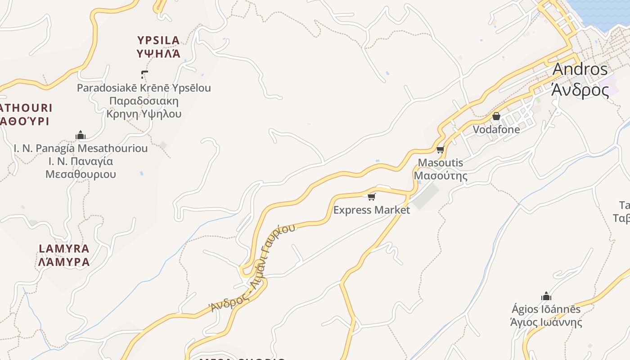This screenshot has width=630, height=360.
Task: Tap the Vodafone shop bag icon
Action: click(496, 116)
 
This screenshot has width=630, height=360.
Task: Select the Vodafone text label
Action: click(496, 130)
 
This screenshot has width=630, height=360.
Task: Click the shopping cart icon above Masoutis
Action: click(440, 149)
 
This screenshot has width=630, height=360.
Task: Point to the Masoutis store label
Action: click(441, 169)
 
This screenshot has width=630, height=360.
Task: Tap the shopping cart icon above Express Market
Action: click(371, 197)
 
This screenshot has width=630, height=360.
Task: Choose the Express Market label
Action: click(371, 210)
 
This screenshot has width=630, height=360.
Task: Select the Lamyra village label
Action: click(64, 255)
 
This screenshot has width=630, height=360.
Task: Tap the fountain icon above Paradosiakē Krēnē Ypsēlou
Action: click(144, 74)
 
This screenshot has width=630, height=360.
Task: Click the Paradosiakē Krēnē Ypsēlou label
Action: click(144, 100)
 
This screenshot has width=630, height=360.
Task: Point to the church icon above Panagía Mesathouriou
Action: click(81, 135)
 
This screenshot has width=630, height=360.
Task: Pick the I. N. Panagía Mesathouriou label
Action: click(81, 161)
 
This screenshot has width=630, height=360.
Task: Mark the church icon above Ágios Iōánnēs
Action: click(546, 296)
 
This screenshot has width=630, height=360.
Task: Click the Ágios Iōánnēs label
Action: click(546, 315)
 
